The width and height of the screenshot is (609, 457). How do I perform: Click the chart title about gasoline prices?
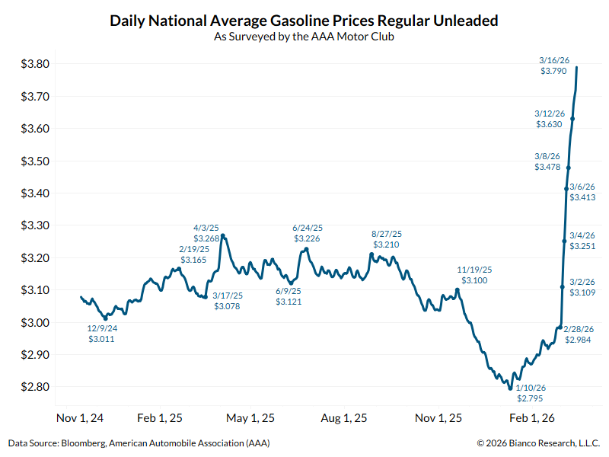coord(304,21)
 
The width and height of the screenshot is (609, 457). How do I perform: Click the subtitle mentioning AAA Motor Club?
coord(304,36)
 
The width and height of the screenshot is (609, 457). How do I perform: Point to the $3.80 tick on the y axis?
coord(36,64)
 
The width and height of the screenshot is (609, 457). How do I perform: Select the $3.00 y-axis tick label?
coord(36,322)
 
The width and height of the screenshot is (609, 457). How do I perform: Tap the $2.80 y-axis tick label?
coord(36,387)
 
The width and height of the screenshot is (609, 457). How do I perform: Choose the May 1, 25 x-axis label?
coord(250,417)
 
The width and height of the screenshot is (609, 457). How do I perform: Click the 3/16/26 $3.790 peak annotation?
coord(553,66)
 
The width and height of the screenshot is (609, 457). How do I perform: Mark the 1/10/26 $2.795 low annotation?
coord(531,393)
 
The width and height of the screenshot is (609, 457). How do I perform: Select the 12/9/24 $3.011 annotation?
coord(103,333)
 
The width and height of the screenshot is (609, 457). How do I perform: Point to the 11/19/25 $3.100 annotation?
coord(475,275)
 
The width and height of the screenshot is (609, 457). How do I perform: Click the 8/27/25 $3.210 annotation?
coord(387,239)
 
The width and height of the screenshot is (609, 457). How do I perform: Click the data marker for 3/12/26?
coord(572,119)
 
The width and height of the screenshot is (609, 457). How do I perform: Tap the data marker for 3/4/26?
coord(564,241)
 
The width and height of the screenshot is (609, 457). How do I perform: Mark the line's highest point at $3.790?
coord(576,67)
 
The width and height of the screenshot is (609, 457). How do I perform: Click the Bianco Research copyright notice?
coord(538,443)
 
